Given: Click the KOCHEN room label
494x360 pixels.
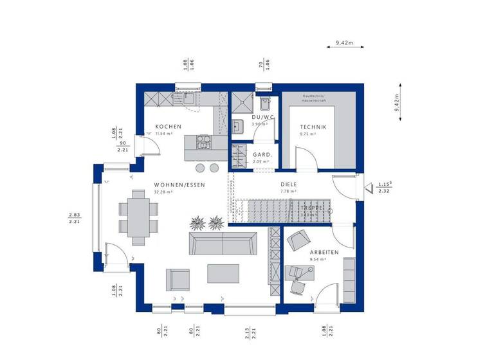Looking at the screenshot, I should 169,127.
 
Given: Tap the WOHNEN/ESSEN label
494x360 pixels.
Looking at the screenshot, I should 179,184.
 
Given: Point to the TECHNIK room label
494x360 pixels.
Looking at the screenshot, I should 313,127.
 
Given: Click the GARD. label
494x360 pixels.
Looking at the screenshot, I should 261,155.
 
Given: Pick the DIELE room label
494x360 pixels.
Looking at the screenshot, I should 288,184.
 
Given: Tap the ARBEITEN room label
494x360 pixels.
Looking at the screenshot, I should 324,253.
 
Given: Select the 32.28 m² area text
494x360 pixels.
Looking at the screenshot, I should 179,192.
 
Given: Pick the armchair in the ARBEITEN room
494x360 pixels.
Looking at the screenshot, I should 297,240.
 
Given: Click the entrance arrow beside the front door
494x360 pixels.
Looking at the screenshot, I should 368,188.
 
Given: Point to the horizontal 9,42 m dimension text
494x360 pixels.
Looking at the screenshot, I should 345,43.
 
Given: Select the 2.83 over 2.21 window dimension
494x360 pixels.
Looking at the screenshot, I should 74,218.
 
